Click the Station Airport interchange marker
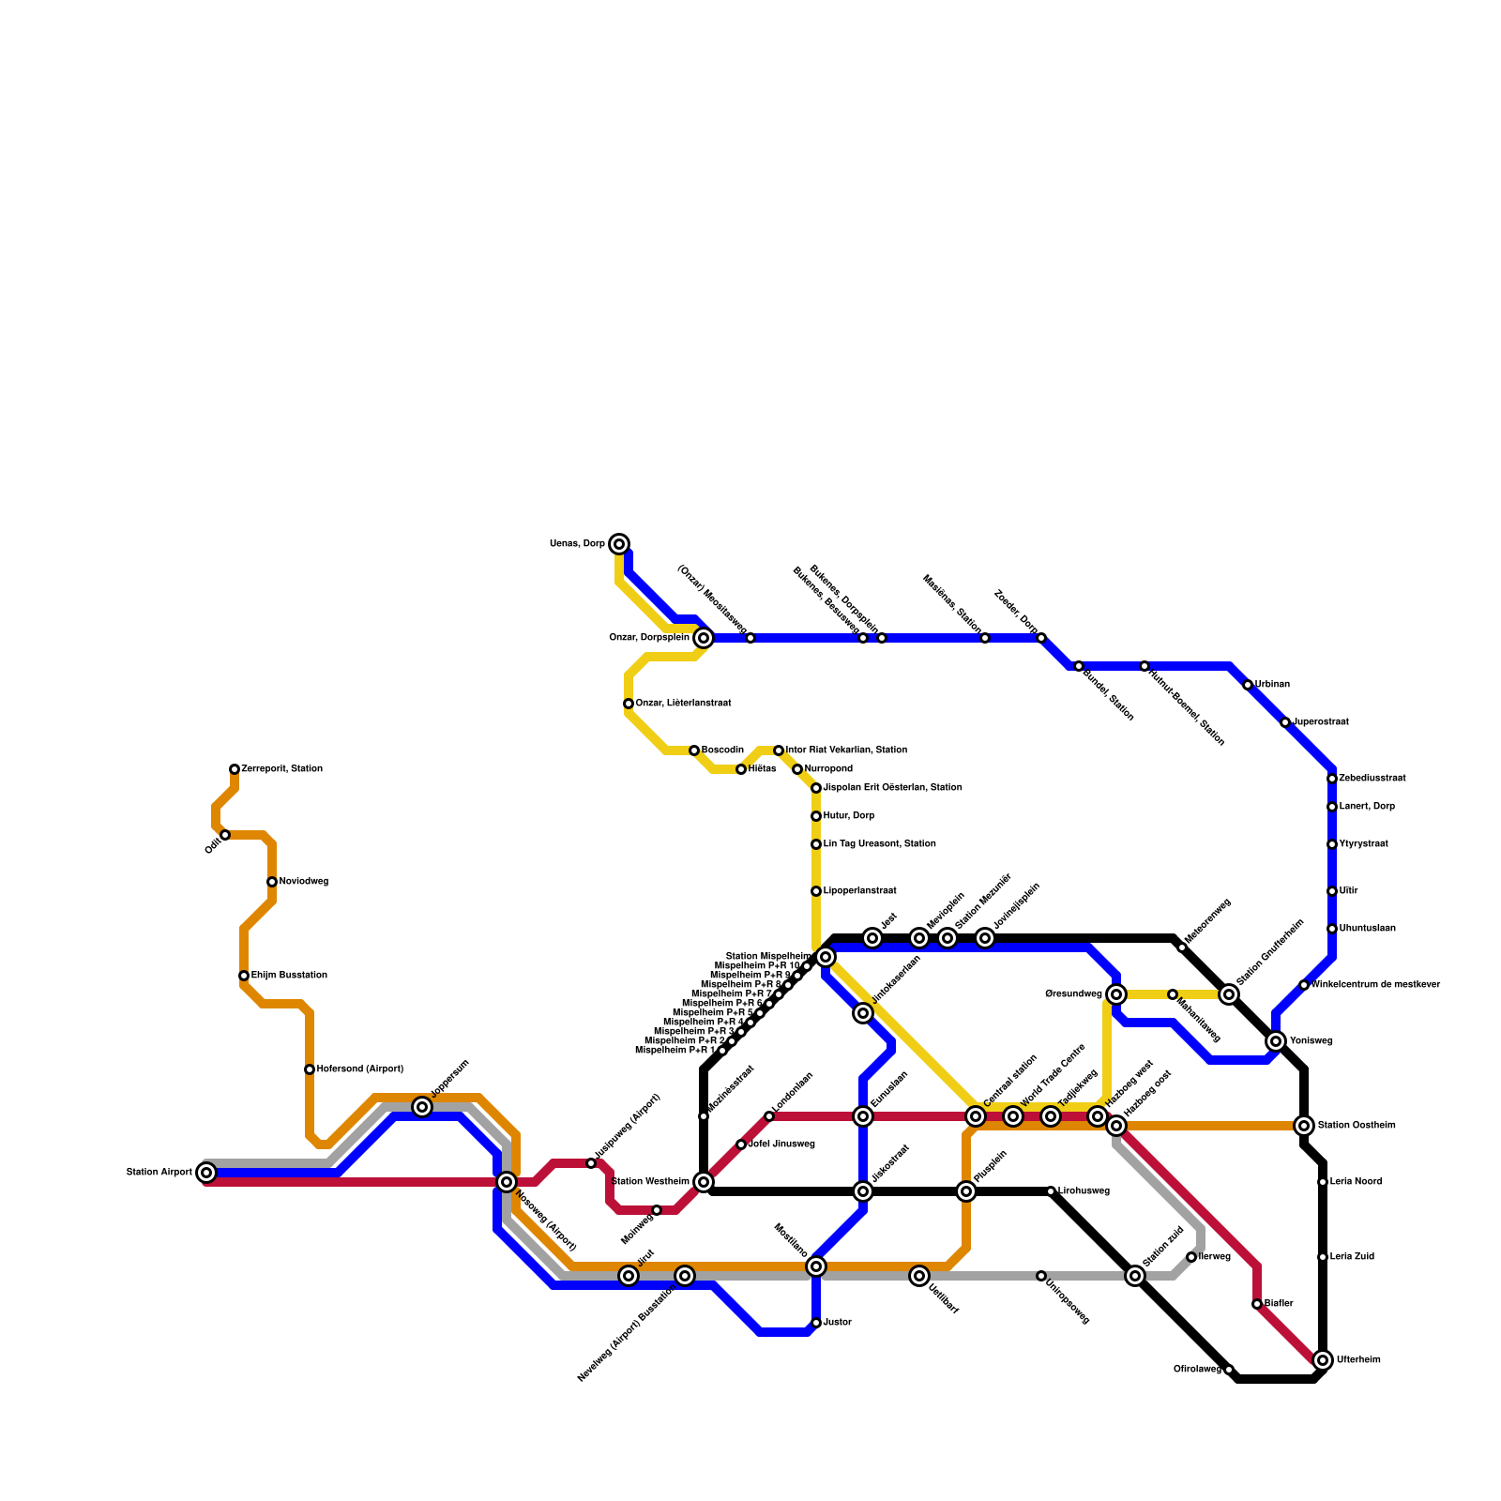coord(206,1173)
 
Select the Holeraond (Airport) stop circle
coord(310,1069)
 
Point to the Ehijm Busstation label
coord(289,976)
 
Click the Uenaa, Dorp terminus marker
coord(619,544)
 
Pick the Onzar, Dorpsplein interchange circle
coord(704,638)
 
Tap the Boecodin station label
coord(722,750)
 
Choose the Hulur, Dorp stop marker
coord(816,816)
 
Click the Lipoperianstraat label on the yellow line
coord(859,891)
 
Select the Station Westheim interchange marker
coord(704,1182)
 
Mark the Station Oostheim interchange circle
coord(1304,1126)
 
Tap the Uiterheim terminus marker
coord(1323,1360)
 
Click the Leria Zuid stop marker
coord(1323,1257)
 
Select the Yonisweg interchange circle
coord(1276,1041)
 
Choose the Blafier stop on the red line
coord(1257,1304)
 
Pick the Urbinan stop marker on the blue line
coord(1248,685)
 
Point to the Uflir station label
coord(1348,891)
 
